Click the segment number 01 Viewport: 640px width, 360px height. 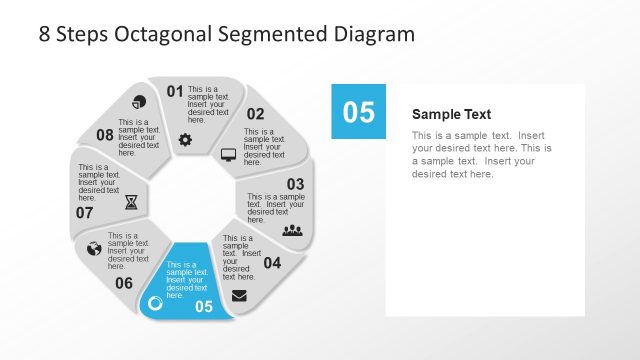click(x=175, y=92)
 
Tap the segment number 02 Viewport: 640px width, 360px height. click(x=256, y=114)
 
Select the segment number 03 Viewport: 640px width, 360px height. click(x=295, y=184)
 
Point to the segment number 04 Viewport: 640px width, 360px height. click(x=272, y=263)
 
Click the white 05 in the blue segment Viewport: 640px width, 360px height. click(x=204, y=307)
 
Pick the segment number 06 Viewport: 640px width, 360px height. click(x=124, y=283)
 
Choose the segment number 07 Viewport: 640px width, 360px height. click(x=84, y=212)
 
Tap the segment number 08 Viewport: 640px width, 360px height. click(x=105, y=135)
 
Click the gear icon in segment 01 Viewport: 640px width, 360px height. click(x=185, y=140)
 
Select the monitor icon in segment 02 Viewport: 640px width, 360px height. click(x=228, y=155)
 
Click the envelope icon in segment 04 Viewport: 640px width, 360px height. click(x=240, y=295)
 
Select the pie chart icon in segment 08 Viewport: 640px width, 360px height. click(x=139, y=102)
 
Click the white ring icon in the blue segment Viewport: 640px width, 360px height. click(x=155, y=303)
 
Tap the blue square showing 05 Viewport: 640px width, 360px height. click(x=358, y=111)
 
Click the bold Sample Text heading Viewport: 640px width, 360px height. click(x=451, y=114)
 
